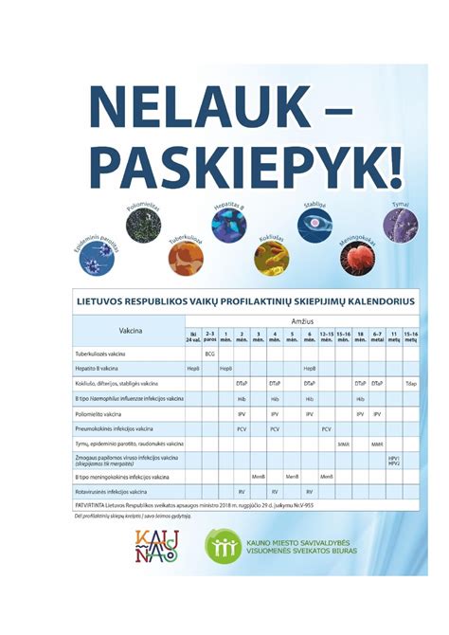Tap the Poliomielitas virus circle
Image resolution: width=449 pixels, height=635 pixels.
[144, 228]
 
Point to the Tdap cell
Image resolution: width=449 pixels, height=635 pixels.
[410, 383]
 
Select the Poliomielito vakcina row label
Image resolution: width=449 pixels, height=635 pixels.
[99, 414]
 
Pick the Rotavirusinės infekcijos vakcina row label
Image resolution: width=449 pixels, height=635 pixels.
[112, 492]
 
